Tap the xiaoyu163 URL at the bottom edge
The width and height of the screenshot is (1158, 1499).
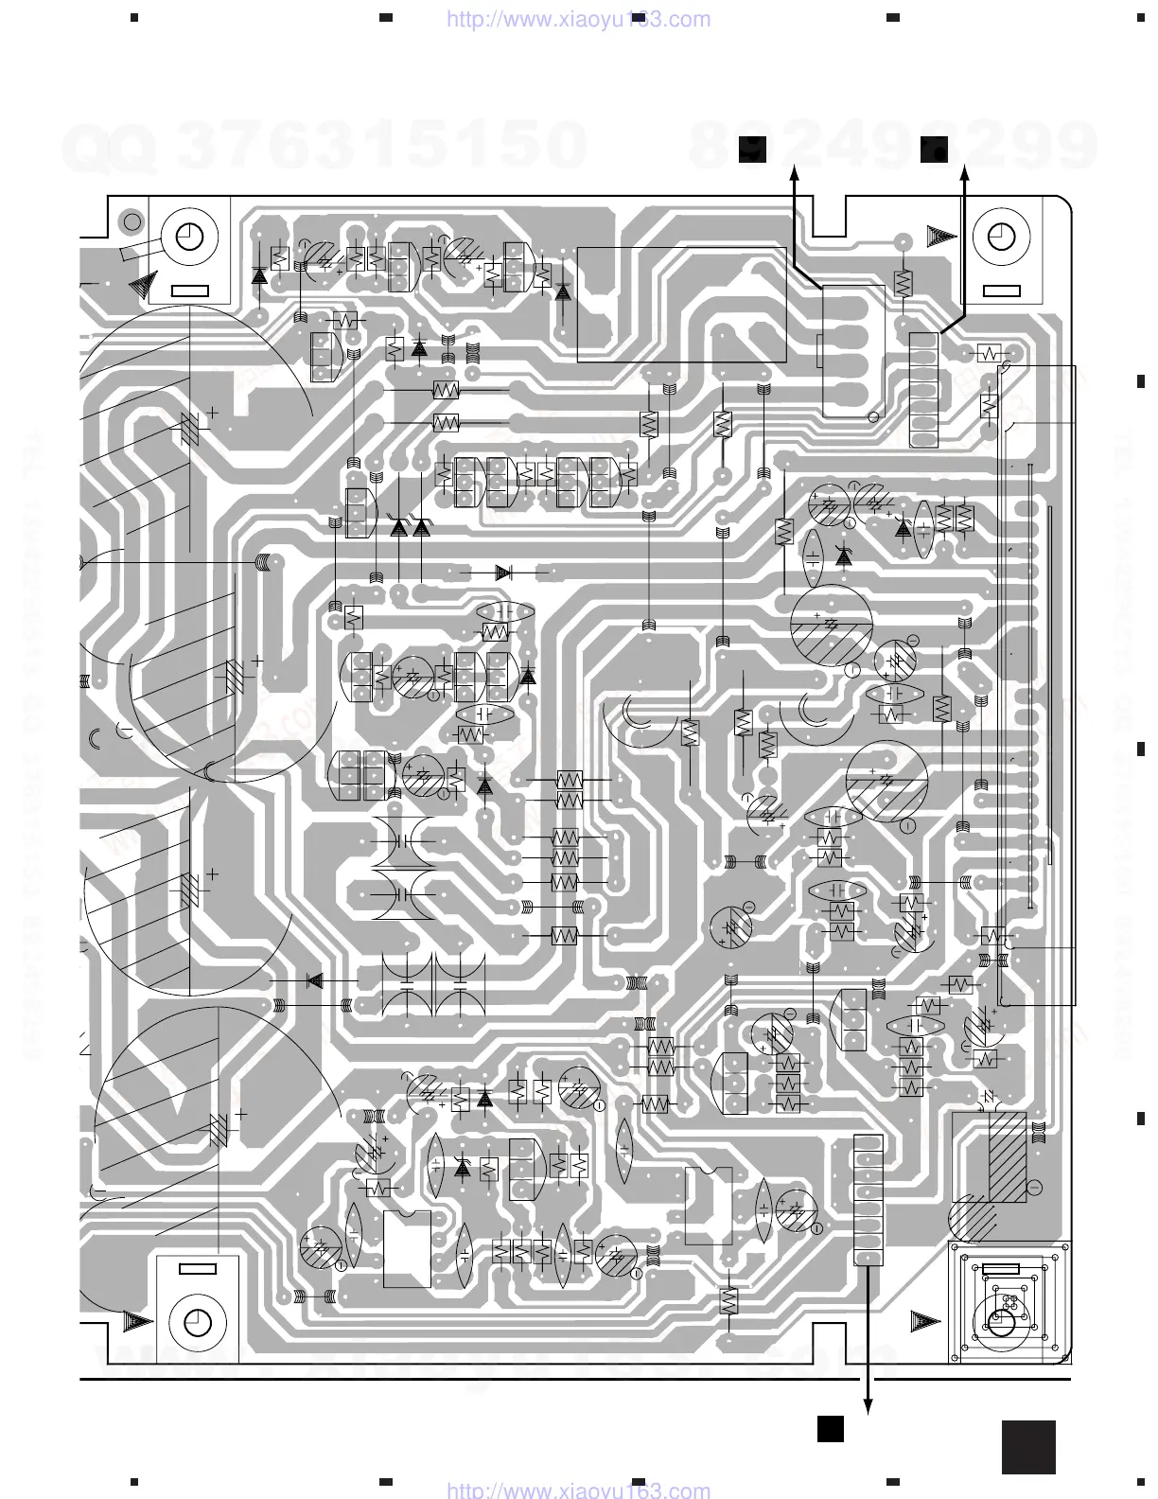pos(577,1490)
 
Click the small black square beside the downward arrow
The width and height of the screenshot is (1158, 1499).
pos(831,1428)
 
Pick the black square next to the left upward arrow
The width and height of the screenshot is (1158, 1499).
pos(753,148)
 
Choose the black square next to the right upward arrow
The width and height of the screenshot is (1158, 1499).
pos(934,148)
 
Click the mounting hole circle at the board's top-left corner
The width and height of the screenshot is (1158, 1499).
pos(190,235)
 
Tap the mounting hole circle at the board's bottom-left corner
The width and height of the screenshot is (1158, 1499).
pos(197,1321)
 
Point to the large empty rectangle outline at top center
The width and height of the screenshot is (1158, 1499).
pos(681,305)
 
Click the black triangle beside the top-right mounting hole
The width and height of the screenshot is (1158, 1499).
pos(941,233)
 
